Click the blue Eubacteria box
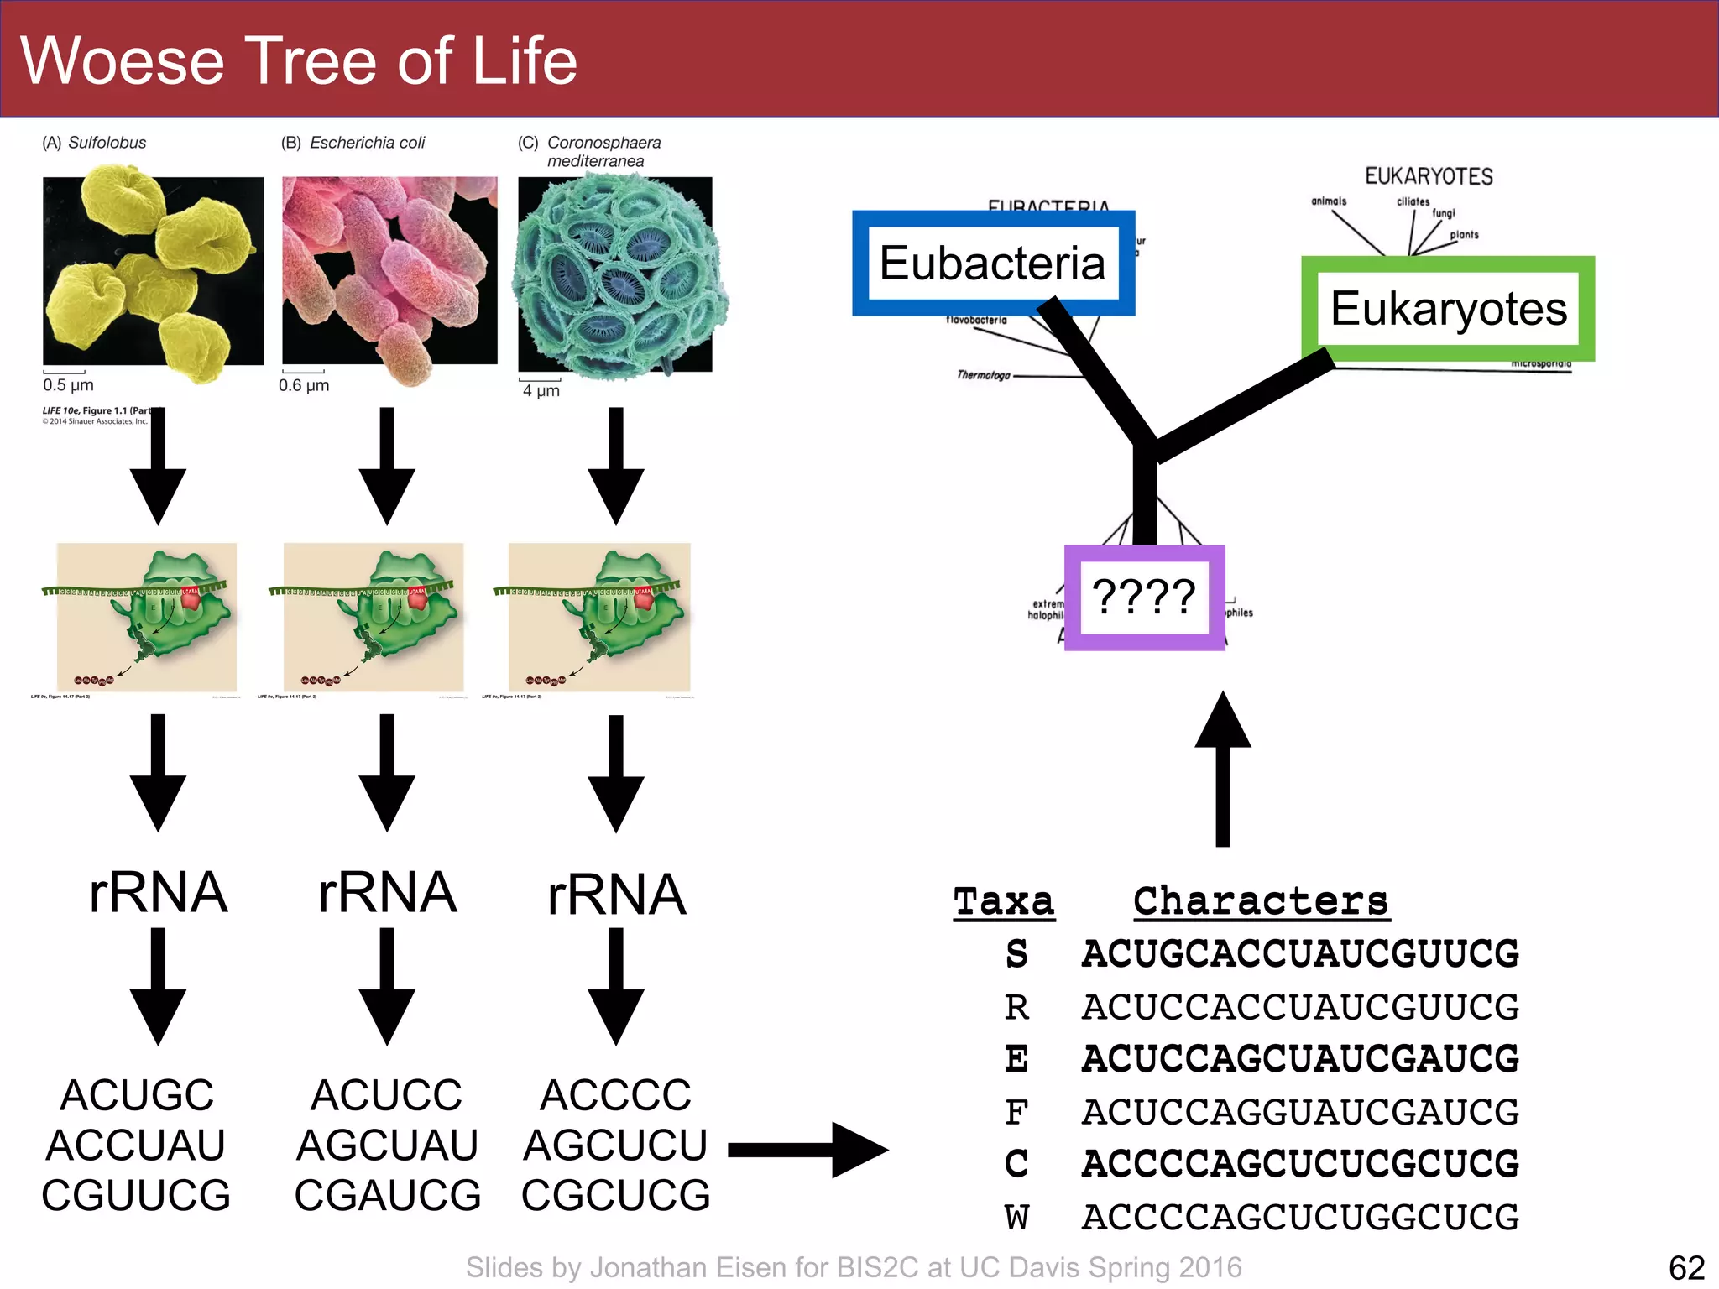coord(993,264)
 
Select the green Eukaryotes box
coord(1448,309)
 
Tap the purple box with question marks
coord(1144,598)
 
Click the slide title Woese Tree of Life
coord(299,60)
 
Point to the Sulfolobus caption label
coord(95,143)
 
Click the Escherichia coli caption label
coord(353,143)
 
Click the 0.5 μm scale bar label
coord(68,385)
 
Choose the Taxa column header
coord(1004,902)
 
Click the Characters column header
coord(1261,902)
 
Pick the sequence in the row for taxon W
coord(1300,1217)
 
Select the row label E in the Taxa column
coord(1016,1059)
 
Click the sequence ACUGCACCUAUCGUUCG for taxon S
coord(1300,954)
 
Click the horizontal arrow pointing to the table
coord(807,1150)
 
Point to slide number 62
coord(1686,1267)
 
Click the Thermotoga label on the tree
coord(984,375)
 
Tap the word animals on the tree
coord(1329,201)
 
